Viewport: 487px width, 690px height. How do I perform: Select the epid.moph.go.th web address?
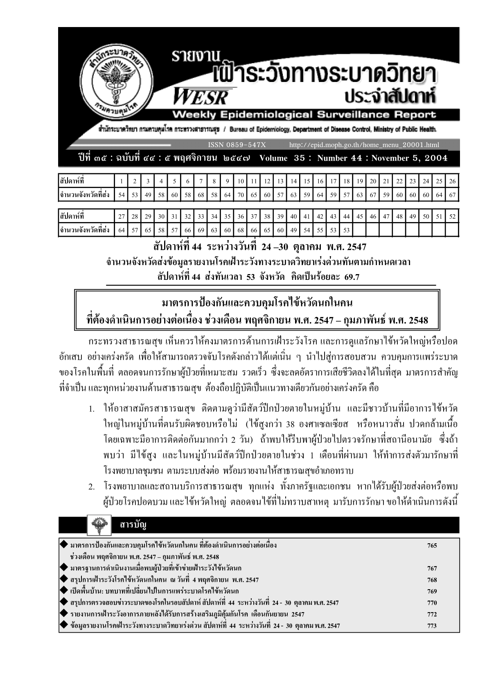(x=364, y=145)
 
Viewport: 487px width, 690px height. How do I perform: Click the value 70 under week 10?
(x=241, y=195)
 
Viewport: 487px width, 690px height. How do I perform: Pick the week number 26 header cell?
(x=452, y=181)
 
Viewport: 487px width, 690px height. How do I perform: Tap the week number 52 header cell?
(x=452, y=216)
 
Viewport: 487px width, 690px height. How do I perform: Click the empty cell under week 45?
(x=360, y=230)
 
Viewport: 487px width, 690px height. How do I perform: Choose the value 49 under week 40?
(x=293, y=230)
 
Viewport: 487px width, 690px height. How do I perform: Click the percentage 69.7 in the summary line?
(x=351, y=277)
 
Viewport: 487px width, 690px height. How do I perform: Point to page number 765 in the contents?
(x=432, y=545)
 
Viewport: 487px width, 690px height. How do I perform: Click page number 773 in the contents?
(x=432, y=626)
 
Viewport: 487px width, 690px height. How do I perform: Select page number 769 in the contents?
(x=432, y=591)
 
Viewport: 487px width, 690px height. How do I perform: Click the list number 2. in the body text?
(x=92, y=487)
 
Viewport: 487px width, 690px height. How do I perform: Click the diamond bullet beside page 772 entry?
(x=64, y=614)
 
